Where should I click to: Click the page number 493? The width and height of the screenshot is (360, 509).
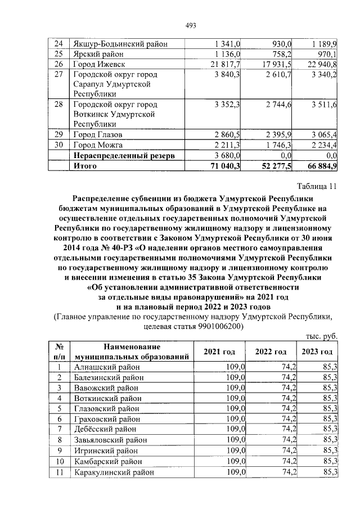coord(190,25)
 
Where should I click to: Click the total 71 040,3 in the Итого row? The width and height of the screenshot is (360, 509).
coord(225,166)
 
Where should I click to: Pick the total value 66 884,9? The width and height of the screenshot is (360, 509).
coord(319,166)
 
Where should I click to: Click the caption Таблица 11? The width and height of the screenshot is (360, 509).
coord(317,187)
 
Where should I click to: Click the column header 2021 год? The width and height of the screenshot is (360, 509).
coord(219,352)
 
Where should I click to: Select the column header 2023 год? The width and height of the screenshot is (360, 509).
coord(318,352)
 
